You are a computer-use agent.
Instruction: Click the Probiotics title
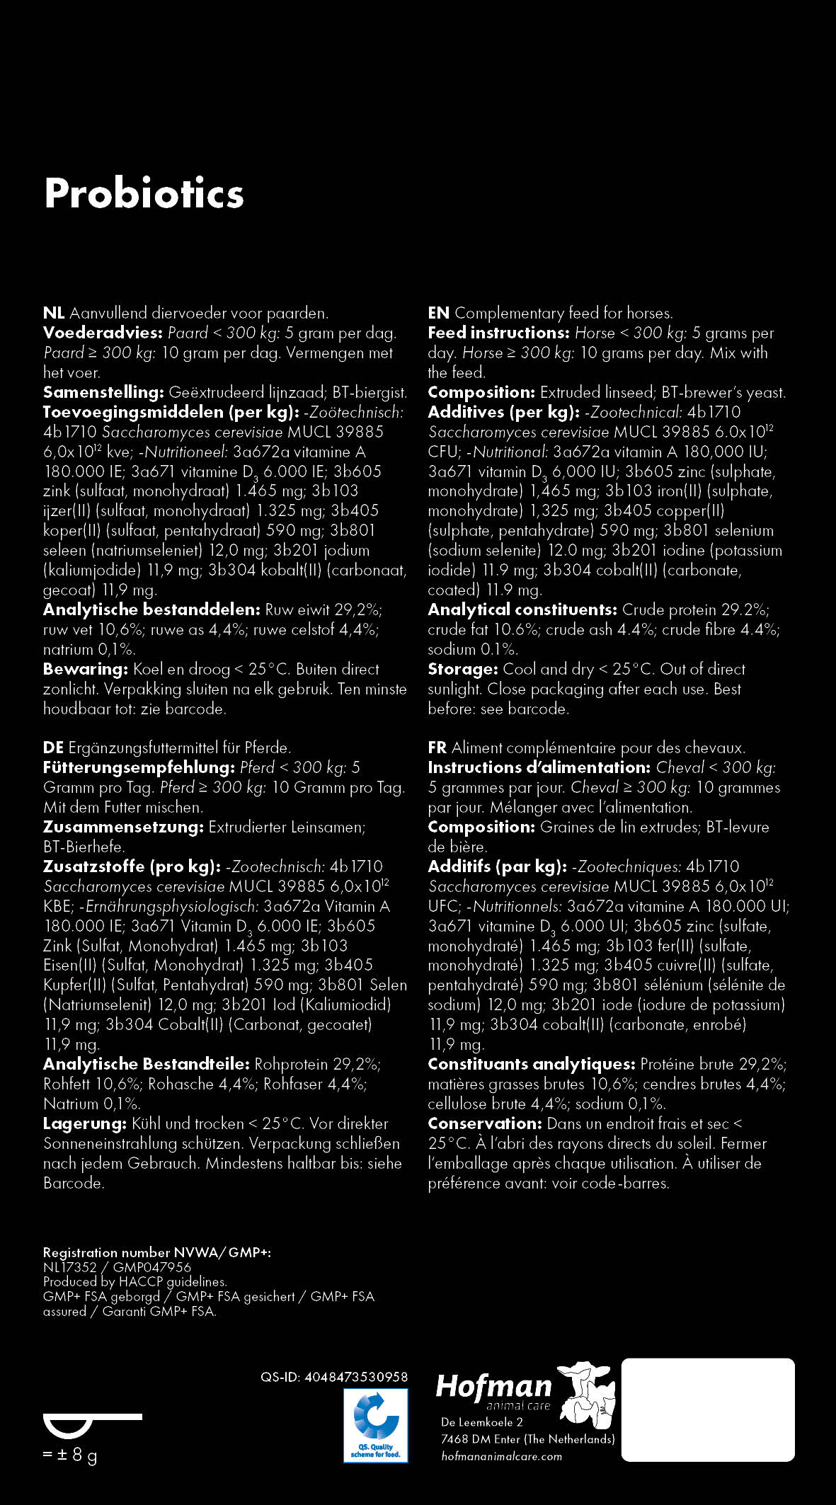coord(144,193)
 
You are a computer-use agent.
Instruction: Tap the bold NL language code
coord(54,313)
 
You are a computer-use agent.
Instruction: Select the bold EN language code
coord(438,313)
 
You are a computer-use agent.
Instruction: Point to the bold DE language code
coord(54,748)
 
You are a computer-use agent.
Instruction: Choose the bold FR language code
coord(437,748)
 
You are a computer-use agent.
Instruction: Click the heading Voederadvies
coord(103,333)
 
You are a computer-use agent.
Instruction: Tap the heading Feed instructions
coord(499,333)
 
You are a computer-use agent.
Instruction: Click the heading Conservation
coord(485,1123)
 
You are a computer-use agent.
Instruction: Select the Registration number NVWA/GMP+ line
coord(157,1252)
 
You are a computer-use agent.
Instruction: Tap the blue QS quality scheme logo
coord(376,1425)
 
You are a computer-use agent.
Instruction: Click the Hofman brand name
coord(493,1386)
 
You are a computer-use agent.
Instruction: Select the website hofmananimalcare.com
coord(501,1456)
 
